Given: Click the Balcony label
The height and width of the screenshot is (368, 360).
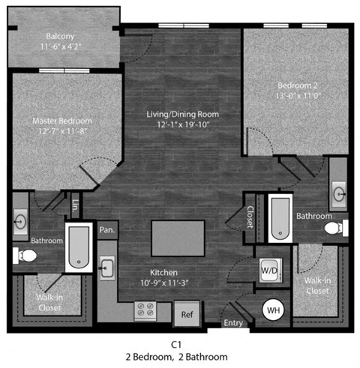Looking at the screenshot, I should pyautogui.click(x=60, y=35).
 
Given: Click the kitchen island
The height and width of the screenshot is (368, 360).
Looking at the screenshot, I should pyautogui.click(x=178, y=238).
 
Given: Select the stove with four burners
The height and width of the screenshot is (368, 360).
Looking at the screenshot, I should pyautogui.click(x=145, y=309).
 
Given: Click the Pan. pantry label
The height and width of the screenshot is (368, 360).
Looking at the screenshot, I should pyautogui.click(x=107, y=230).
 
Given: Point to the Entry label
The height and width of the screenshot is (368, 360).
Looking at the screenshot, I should pyautogui.click(x=234, y=323).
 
